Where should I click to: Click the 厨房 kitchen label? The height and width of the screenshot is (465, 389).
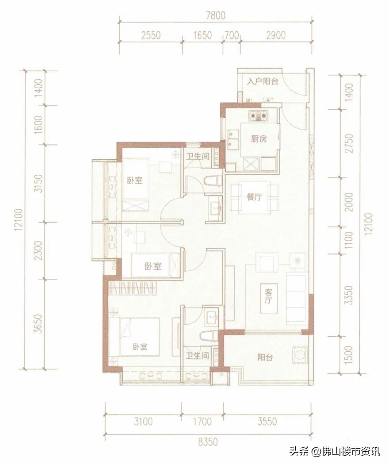pyautogui.click(x=259, y=139)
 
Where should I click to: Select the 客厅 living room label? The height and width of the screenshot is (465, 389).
pyautogui.click(x=269, y=296)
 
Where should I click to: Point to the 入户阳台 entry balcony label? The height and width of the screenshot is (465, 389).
pyautogui.click(x=263, y=81)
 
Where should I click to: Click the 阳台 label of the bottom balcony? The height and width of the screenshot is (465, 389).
pyautogui.click(x=265, y=357)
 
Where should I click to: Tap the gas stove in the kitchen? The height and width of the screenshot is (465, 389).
pyautogui.click(x=259, y=115)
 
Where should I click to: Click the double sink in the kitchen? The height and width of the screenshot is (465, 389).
pyautogui.click(x=233, y=140)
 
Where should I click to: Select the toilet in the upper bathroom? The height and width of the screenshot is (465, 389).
pyautogui.click(x=214, y=181)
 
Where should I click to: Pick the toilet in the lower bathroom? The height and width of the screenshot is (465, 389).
pyautogui.click(x=210, y=336)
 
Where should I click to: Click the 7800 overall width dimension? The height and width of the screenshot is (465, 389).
pyautogui.click(x=215, y=15)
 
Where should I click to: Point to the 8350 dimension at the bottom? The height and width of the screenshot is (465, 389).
pyautogui.click(x=208, y=442)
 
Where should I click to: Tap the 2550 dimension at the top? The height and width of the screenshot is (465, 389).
pyautogui.click(x=151, y=35)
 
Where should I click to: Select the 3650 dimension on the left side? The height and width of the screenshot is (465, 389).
pyautogui.click(x=38, y=323)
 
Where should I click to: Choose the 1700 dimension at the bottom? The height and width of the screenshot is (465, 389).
pyautogui.click(x=202, y=421)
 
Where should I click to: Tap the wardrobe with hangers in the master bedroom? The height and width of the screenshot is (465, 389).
pyautogui.click(x=133, y=288)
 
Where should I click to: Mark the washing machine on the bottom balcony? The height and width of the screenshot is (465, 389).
pyautogui.click(x=300, y=354)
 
